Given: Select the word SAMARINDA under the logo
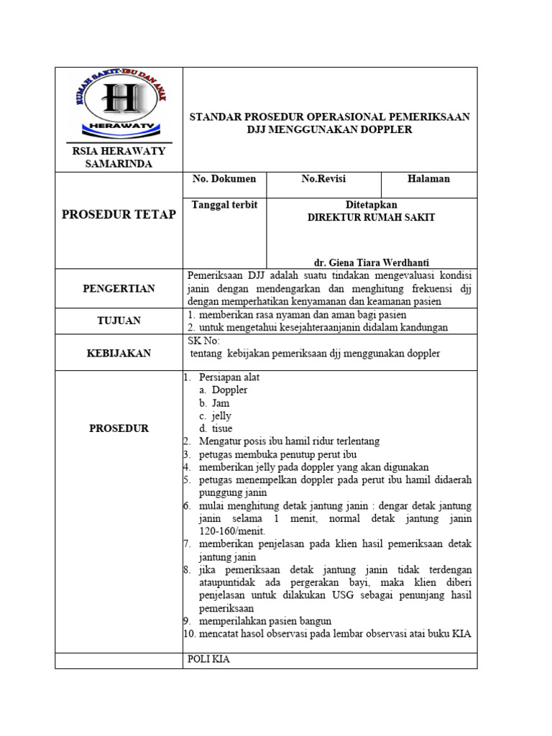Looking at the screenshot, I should pyautogui.click(x=119, y=163).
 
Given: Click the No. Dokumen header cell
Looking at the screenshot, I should pyautogui.click(x=224, y=179).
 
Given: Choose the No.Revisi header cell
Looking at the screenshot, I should pyautogui.click(x=323, y=179).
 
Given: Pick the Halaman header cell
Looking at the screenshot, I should pyautogui.click(x=428, y=179).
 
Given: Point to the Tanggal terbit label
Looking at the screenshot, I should pyautogui.click(x=224, y=205).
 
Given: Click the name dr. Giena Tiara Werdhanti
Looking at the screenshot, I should pyautogui.click(x=372, y=262).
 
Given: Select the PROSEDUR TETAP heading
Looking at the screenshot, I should pyautogui.click(x=119, y=214).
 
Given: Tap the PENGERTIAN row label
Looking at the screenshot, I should pyautogui.click(x=119, y=288).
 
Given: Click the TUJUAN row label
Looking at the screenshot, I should pyautogui.click(x=119, y=321).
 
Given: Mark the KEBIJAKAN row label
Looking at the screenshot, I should pyautogui.click(x=119, y=353).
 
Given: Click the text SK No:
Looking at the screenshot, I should pyautogui.click(x=203, y=341).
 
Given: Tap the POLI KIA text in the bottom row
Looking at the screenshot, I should pyautogui.click(x=208, y=659).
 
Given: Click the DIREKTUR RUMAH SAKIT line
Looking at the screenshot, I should pyautogui.click(x=371, y=217).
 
